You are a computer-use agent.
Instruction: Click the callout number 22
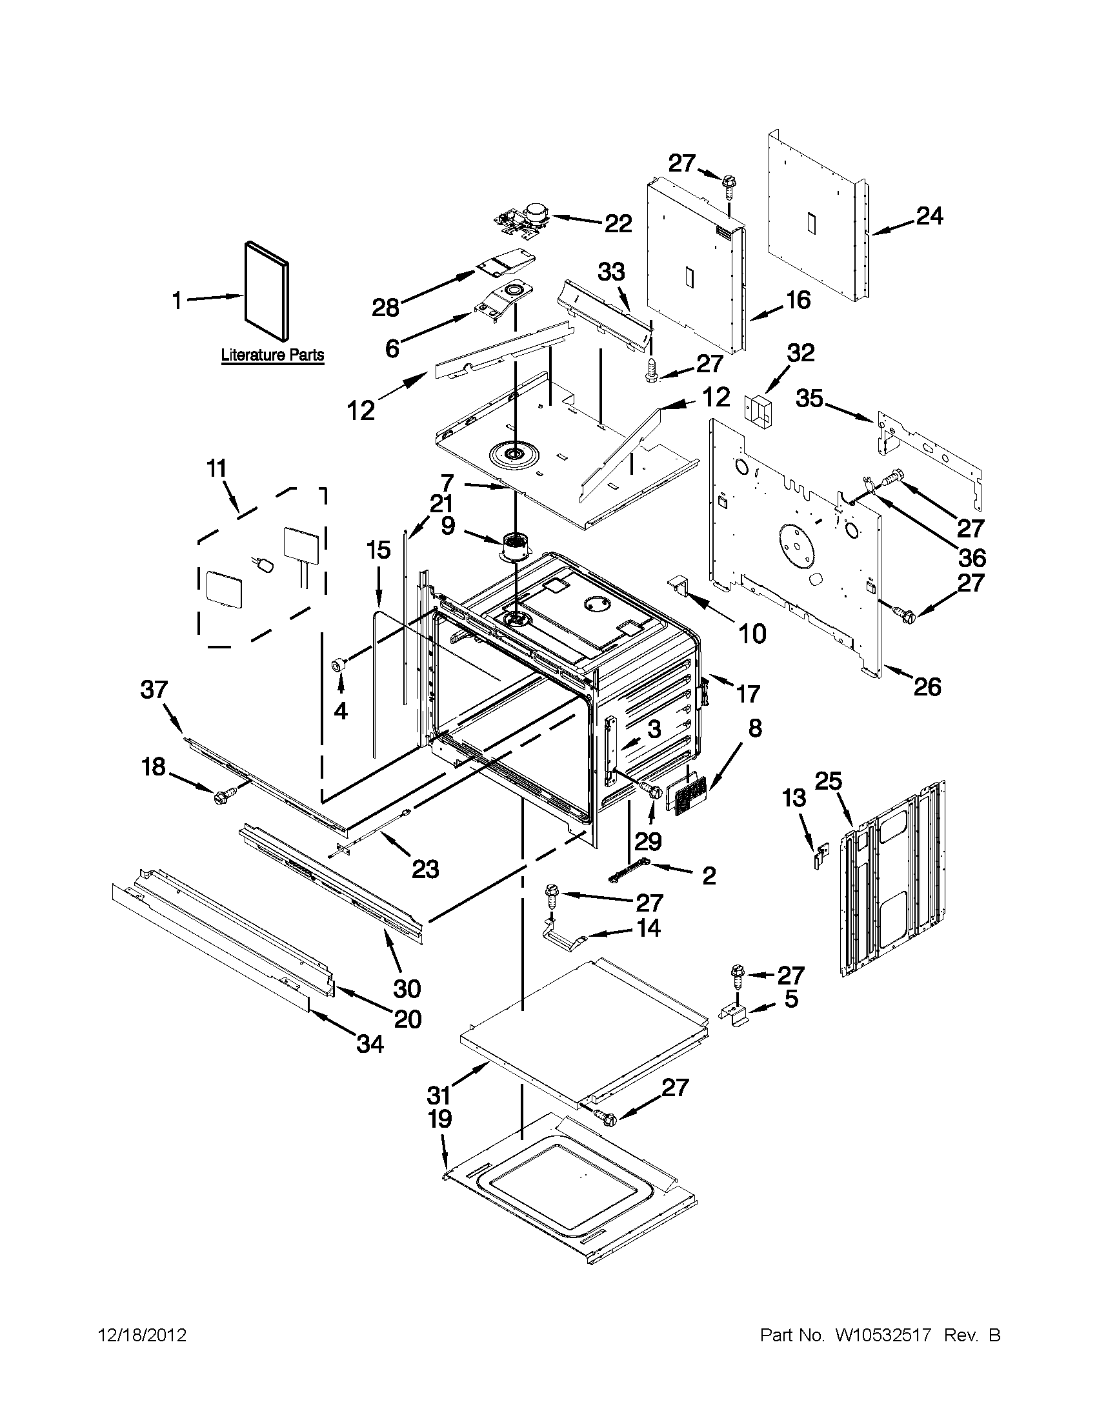618,224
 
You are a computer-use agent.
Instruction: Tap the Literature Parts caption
272,355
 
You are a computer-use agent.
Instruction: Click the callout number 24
929,216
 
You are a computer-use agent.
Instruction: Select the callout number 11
217,468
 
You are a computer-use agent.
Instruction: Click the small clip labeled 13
821,855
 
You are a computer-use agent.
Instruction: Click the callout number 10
752,634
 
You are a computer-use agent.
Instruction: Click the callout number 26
927,687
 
